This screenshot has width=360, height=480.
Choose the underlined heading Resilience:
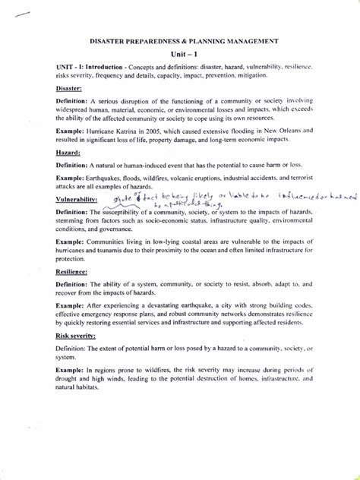73,270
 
